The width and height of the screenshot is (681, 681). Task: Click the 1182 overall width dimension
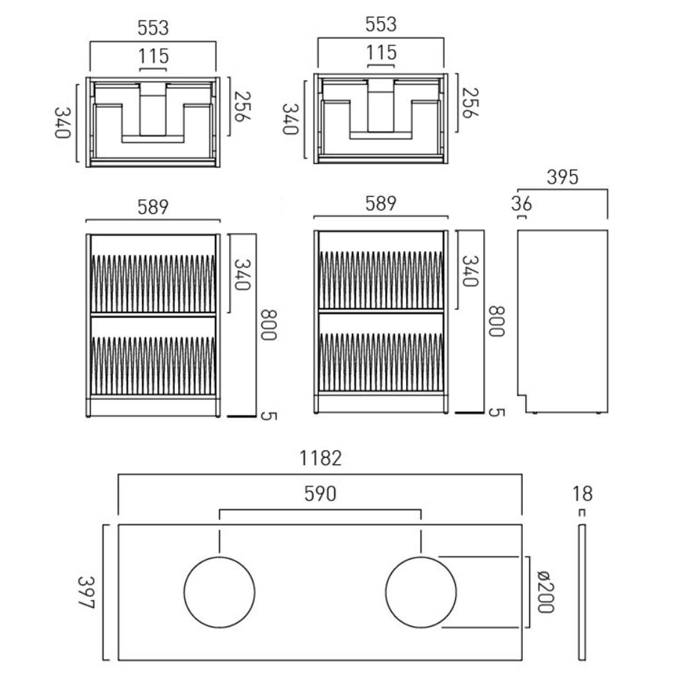coord(321,458)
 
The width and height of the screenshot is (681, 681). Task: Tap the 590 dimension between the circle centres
coord(321,493)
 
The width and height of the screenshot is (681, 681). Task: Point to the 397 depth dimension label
coord(86,592)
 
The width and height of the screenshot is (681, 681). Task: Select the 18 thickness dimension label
coord(582,493)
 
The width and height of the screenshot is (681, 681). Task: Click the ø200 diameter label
coord(545,592)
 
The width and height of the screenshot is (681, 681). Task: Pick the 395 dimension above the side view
coord(563,177)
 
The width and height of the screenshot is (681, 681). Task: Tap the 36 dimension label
coord(521,204)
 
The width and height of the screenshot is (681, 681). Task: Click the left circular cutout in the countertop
coord(220,557)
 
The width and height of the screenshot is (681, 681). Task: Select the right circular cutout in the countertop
coord(421,557)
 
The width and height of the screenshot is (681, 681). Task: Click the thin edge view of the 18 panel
coord(582,592)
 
